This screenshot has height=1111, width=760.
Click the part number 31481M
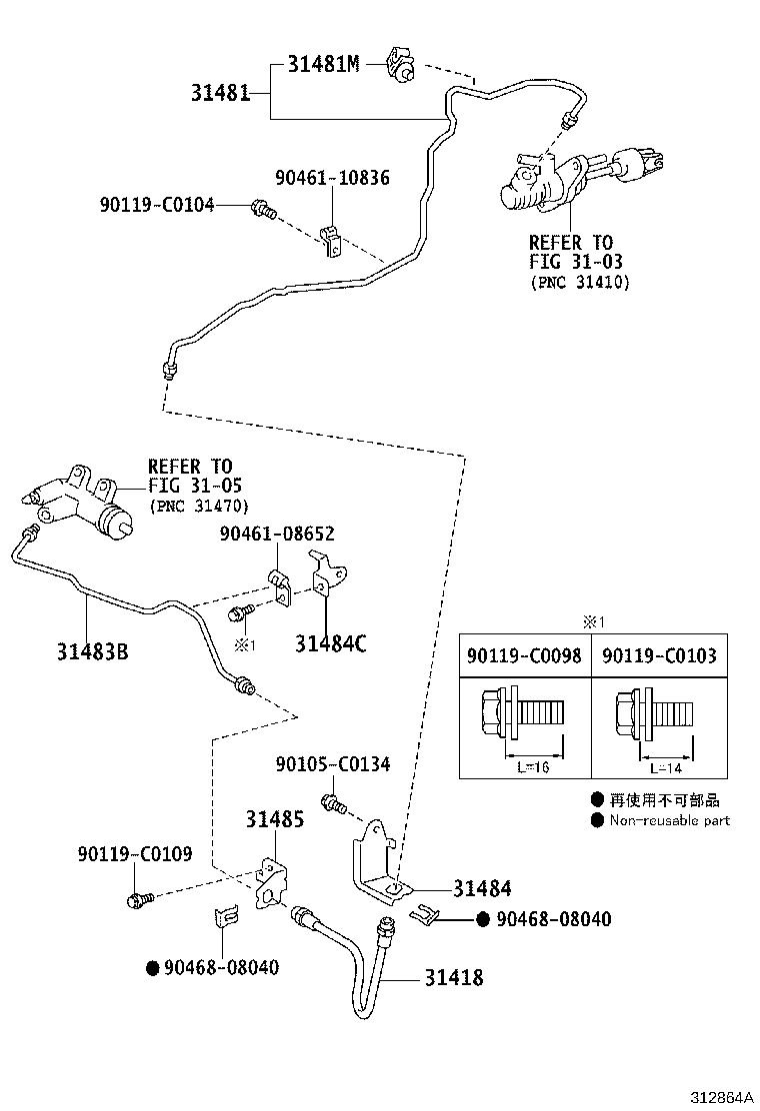[x=322, y=65]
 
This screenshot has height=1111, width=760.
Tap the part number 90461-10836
[x=332, y=179]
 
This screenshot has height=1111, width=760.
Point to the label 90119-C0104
[x=157, y=205]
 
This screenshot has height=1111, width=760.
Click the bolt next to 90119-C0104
[x=264, y=210]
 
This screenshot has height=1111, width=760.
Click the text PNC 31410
[x=579, y=283]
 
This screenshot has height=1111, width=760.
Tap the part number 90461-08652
[x=277, y=535]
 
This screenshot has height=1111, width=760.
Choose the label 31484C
[x=330, y=644]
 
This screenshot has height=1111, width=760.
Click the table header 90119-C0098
[x=524, y=655]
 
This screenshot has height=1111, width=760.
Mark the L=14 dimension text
[x=666, y=767]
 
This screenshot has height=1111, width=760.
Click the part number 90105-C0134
[x=332, y=764]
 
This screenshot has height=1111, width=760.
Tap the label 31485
[x=275, y=819]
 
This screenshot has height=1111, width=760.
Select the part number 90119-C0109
[x=135, y=855]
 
